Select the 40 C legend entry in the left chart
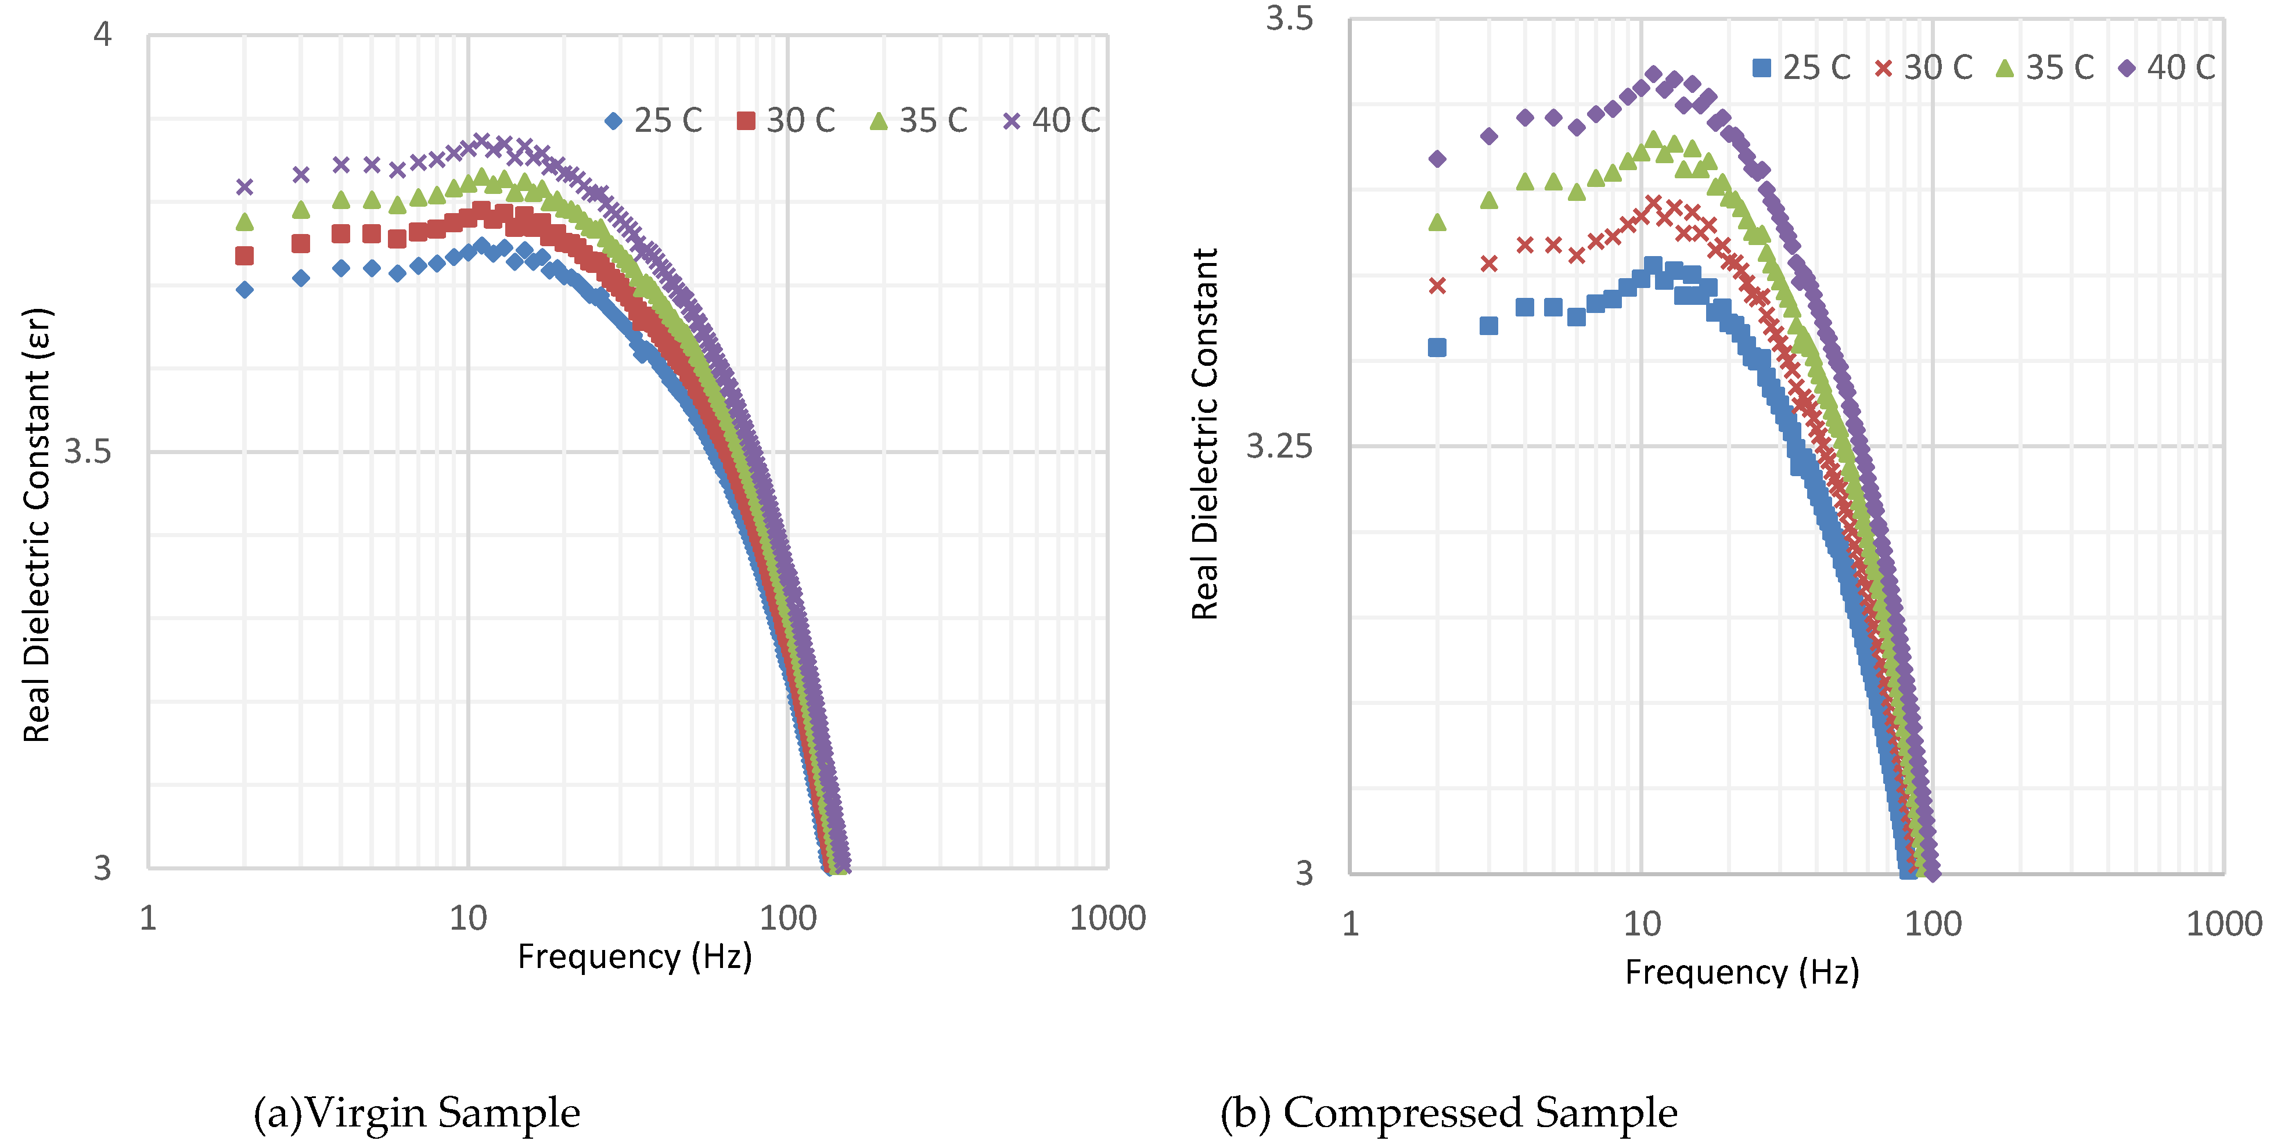coord(1052,120)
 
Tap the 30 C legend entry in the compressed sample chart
coord(1923,67)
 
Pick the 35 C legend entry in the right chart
coord(2045,67)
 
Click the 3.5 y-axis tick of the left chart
coord(88,451)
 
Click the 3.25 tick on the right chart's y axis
coord(1279,445)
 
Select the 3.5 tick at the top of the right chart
coord(1289,17)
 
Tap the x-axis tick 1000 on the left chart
coord(1107,919)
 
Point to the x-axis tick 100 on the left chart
coord(787,919)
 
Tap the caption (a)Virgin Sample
coord(416,1113)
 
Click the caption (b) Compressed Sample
coord(1449,1113)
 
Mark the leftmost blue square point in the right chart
coord(1437,347)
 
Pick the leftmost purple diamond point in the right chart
coord(1437,159)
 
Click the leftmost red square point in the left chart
coord(244,256)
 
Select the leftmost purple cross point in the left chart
coord(244,187)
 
